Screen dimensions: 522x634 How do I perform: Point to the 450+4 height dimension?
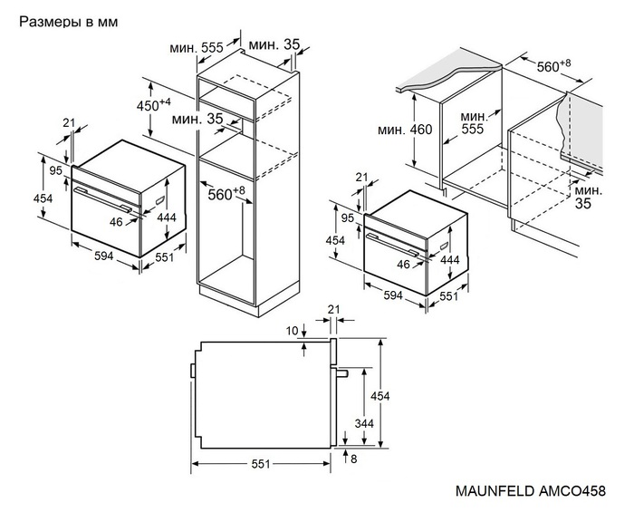point(153,104)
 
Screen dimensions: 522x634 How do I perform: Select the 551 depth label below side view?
point(261,464)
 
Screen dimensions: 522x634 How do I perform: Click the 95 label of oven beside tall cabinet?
point(55,170)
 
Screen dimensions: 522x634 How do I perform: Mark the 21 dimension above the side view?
point(333,311)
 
